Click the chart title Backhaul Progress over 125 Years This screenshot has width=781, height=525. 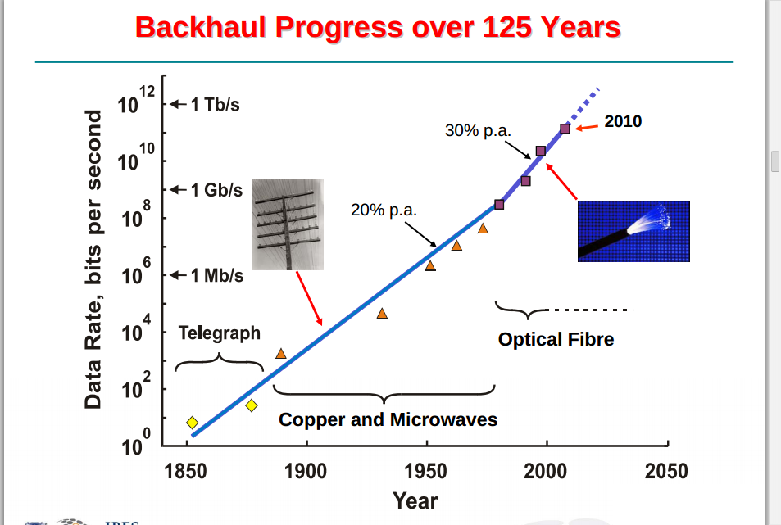(x=378, y=28)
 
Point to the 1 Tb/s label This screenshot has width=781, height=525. (x=215, y=105)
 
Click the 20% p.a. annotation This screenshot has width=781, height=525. (x=384, y=210)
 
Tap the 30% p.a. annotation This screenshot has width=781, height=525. (x=478, y=130)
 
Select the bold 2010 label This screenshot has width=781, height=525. (x=623, y=121)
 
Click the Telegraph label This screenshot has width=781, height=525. (x=220, y=333)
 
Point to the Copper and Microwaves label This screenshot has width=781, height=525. (x=388, y=419)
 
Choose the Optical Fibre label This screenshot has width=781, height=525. (x=556, y=339)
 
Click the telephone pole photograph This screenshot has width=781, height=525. (x=288, y=224)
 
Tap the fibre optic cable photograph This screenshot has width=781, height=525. (x=633, y=231)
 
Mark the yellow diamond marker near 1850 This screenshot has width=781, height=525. (x=192, y=423)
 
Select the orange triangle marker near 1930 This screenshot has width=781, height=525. (x=382, y=313)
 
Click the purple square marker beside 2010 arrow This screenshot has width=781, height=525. (x=565, y=129)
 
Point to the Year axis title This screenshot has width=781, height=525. (x=415, y=500)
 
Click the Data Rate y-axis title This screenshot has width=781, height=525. (x=93, y=259)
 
